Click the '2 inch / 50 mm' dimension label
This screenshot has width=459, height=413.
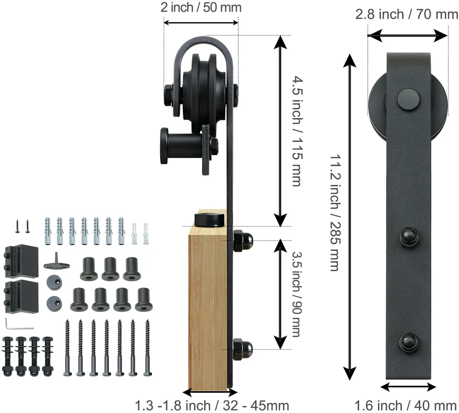pos(201,8)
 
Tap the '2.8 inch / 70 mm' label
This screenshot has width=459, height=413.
pos(407,14)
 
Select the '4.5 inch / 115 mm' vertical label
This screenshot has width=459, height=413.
pos(297,131)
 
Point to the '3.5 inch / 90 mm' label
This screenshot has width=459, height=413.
pos(297,294)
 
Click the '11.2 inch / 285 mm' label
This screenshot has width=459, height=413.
pos(335,212)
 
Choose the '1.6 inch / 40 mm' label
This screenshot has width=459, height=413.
pos(406,406)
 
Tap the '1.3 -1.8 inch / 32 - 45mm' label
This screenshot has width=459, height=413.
pos(212,406)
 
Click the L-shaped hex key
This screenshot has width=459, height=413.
pos(19,324)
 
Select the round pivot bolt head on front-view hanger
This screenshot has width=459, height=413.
pos(408,99)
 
